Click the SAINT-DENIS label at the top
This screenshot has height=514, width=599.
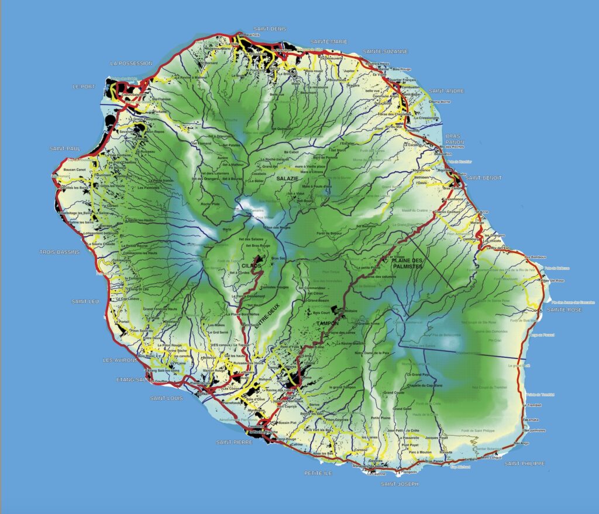[269, 29]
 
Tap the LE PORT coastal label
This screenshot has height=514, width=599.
[83, 86]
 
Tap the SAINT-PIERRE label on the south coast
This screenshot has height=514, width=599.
[234, 442]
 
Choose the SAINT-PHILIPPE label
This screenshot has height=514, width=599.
[525, 464]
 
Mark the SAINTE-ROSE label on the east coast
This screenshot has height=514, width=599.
[564, 309]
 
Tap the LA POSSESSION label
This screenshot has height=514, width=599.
[131, 63]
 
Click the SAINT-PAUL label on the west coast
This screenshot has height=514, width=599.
[65, 149]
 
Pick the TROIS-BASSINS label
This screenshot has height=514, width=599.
[59, 252]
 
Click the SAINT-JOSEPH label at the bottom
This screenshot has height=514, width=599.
[400, 484]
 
